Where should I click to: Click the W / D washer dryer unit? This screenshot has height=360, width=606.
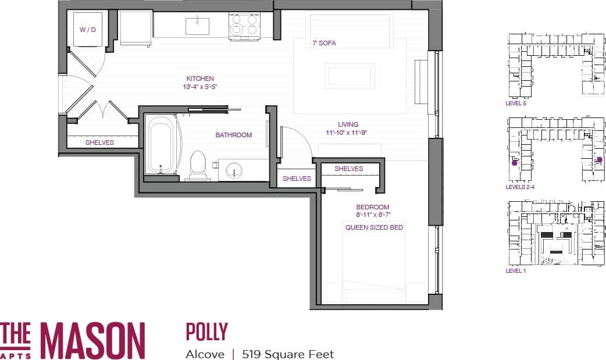88,29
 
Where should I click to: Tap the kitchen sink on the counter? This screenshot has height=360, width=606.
198,26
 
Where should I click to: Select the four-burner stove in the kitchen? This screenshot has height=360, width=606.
244,26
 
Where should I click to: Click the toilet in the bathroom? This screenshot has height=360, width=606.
198,165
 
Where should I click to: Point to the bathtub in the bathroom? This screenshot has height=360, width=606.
159,145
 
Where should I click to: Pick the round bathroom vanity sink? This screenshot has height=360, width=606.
236,170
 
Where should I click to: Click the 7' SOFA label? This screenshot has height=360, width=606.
324,43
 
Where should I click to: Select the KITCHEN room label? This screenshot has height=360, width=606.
200,79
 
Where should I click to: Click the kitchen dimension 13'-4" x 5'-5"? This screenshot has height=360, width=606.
200,87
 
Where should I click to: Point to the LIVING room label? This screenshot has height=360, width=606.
348,124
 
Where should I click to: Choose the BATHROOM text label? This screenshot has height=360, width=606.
234,135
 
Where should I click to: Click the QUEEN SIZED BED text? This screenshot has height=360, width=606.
374,227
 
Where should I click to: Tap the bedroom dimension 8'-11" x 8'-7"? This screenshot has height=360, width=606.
373,215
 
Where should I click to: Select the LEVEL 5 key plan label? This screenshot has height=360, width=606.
516,104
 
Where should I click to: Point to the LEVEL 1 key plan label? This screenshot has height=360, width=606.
516,271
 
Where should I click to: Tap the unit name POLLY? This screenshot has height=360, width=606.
206,332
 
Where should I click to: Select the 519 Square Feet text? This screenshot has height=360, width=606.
288,354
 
